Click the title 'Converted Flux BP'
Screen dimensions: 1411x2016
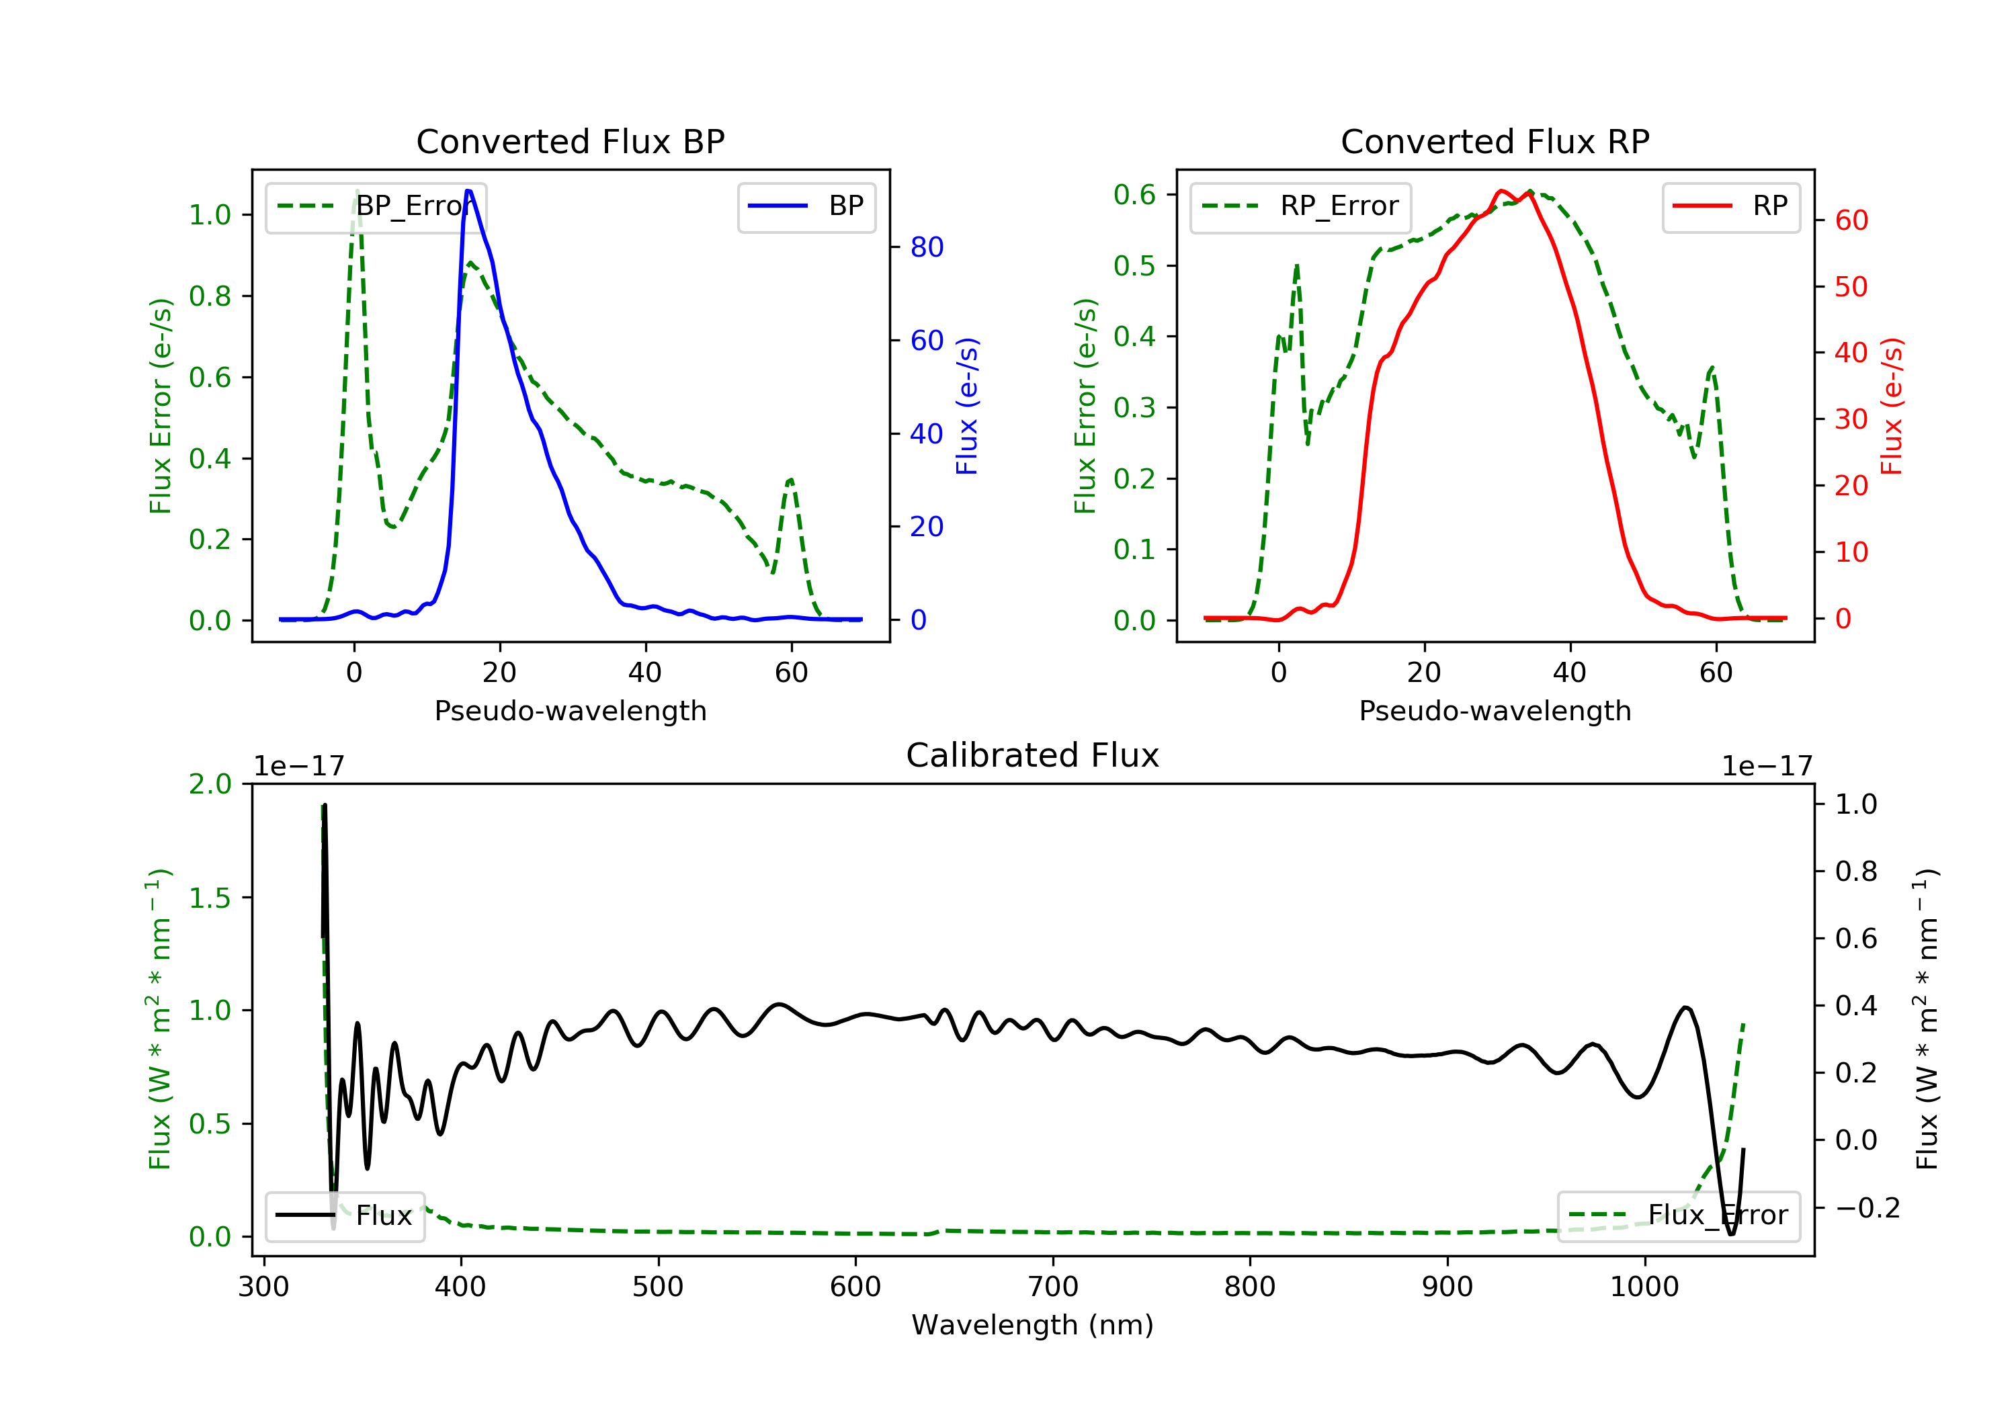pos(570,141)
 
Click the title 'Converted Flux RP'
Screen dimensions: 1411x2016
pos(1495,141)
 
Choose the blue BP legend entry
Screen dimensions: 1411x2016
pos(806,206)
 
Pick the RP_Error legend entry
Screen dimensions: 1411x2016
pos(1300,206)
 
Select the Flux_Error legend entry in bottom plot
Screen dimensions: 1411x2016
pos(1678,1215)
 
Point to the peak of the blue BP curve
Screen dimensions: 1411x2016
pos(469,191)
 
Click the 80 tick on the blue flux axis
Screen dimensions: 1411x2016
pos(926,248)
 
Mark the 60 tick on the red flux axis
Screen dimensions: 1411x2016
pos(1851,220)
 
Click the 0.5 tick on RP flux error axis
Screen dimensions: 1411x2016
pos(1134,266)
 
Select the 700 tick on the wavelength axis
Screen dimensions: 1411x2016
pos(1053,1287)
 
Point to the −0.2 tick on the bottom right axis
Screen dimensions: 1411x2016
pos(1867,1208)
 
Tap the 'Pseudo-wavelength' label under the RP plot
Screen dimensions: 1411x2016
pos(1495,711)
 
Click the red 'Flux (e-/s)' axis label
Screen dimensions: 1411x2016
pos(1891,406)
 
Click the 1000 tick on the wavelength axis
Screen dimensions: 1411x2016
pos(1644,1287)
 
